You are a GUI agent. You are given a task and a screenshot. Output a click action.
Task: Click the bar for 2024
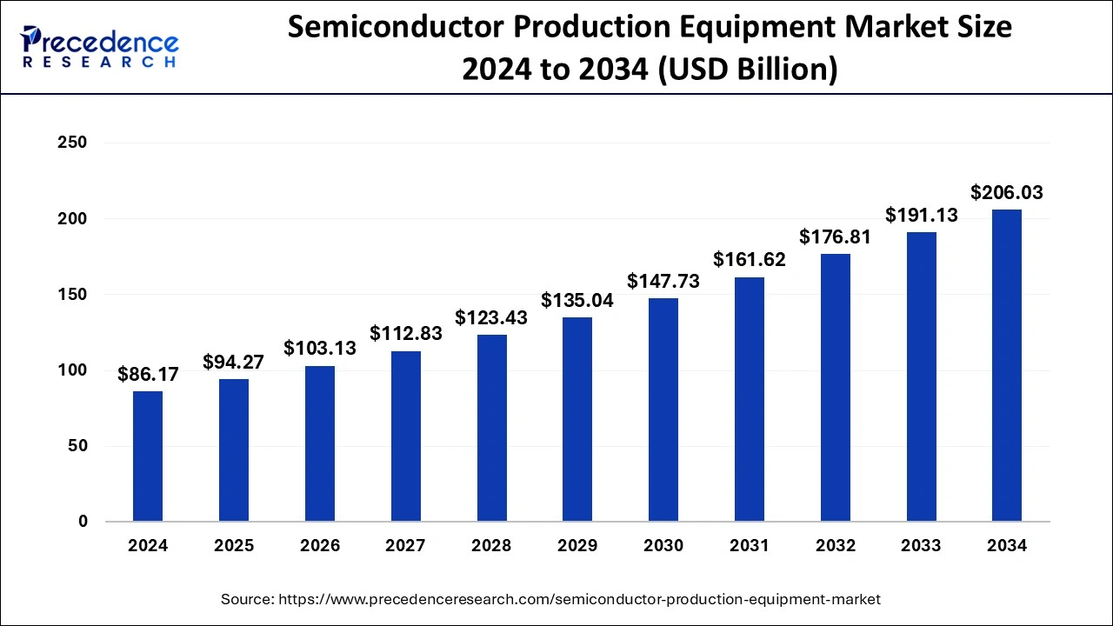click(148, 456)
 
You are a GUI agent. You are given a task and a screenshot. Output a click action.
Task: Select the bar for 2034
click(1007, 365)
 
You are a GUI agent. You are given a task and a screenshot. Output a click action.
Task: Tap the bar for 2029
click(577, 419)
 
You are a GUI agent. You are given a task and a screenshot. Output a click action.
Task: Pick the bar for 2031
click(750, 399)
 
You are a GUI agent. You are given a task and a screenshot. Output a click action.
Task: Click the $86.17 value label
click(148, 375)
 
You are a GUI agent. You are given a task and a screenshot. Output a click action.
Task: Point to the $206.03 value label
click(1007, 193)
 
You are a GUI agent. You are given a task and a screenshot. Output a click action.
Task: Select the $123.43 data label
click(491, 318)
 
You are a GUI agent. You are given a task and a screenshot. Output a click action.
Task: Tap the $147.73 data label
click(663, 282)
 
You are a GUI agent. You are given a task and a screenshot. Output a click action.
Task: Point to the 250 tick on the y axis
click(71, 143)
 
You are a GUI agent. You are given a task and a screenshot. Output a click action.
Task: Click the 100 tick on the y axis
click(71, 370)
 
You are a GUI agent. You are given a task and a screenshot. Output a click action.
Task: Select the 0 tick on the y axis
click(82, 522)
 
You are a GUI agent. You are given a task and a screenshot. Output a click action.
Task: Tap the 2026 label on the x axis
click(320, 546)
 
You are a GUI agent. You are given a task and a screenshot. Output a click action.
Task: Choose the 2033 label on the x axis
click(921, 546)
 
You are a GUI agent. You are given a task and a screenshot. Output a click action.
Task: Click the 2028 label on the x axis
click(491, 546)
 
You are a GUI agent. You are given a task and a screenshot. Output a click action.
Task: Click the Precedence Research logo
click(99, 47)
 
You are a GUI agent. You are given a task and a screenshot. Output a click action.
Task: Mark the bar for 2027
click(405, 436)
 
